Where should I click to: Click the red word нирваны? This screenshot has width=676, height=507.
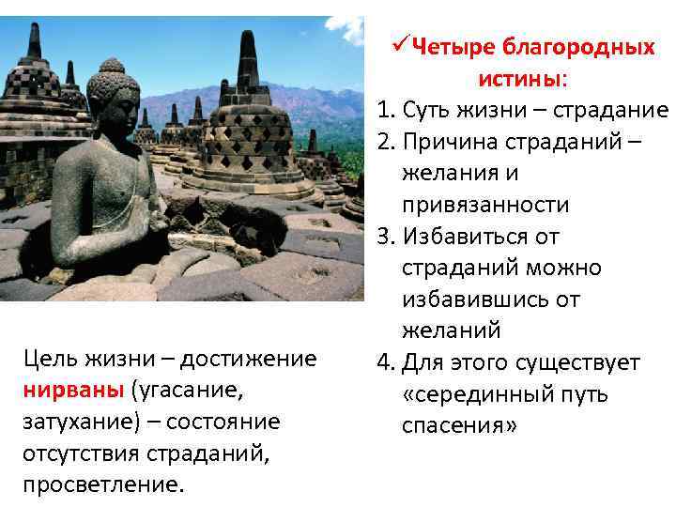click(72, 390)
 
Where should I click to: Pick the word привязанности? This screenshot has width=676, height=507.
click(488, 205)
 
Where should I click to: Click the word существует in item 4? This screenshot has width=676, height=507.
click(581, 362)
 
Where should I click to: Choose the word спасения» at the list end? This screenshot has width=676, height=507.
click(458, 425)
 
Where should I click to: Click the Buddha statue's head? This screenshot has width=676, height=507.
click(113, 94)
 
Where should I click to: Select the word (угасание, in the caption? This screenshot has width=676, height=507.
click(189, 390)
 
